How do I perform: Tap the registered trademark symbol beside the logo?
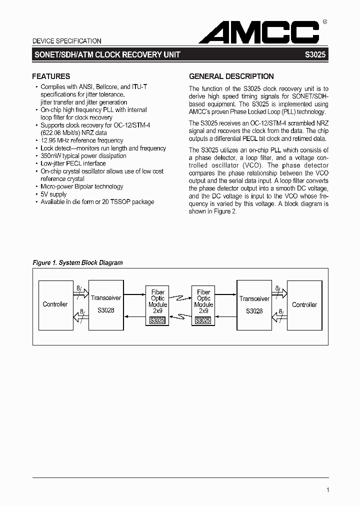tap(325, 22)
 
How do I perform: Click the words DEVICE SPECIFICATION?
tap(66, 41)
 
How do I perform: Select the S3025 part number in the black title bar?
tap(315, 55)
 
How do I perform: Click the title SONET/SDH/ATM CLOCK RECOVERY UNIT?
tap(106, 55)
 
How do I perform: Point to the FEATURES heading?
tap(51, 76)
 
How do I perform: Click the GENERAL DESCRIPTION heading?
tap(231, 76)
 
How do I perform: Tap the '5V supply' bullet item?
tap(53, 194)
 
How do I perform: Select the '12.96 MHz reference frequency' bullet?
tap(82, 140)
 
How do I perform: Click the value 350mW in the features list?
tap(50, 155)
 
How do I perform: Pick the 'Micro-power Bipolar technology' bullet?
tap(81, 186)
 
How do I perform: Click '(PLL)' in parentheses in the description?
tap(289, 112)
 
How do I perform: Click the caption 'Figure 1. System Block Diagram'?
tap(77, 262)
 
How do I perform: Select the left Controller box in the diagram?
tap(55, 304)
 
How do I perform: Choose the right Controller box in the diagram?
tap(304, 304)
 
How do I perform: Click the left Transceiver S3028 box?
tap(105, 304)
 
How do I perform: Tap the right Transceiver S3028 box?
tap(254, 304)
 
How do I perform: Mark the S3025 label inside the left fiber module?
tap(157, 320)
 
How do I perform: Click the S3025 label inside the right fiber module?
tap(203, 320)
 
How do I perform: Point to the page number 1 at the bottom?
tap(327, 490)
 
